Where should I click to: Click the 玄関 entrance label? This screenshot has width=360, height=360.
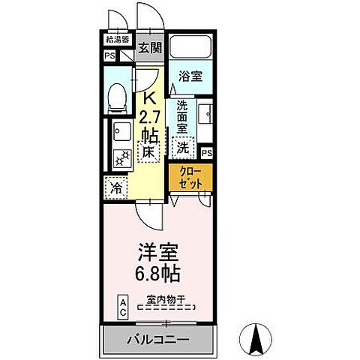150,48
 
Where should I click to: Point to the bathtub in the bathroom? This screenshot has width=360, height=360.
190,48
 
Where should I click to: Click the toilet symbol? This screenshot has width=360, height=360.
117,96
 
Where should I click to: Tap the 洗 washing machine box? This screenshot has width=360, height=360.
183,148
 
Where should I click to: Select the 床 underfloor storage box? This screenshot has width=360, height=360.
149,153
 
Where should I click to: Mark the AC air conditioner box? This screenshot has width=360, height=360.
122,306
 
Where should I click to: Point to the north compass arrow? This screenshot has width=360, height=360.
253,338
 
